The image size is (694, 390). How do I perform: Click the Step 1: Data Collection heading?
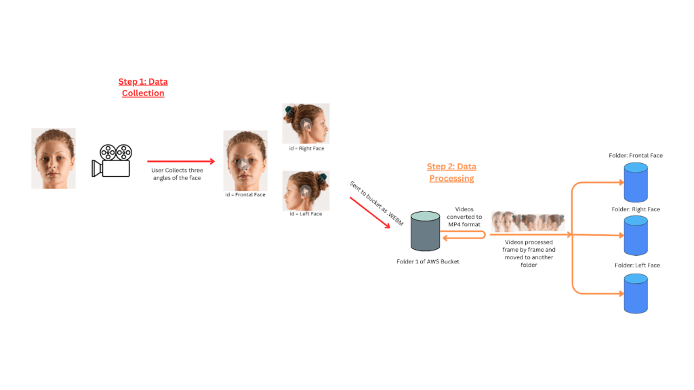[143, 87]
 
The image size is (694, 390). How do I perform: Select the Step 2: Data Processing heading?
[451, 173]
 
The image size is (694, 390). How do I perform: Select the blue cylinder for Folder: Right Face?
[636, 235]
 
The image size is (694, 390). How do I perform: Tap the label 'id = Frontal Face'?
[245, 195]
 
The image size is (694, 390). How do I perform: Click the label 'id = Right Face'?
[306, 148]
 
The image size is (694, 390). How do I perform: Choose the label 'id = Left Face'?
[306, 214]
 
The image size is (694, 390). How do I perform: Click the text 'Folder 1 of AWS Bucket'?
[428, 261]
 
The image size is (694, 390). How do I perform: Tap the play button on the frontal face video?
[245, 165]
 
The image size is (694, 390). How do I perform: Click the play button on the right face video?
[306, 124]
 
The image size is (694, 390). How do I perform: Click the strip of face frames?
[529, 221]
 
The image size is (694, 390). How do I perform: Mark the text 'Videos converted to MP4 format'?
[464, 216]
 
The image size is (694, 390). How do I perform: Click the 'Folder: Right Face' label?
[636, 209]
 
